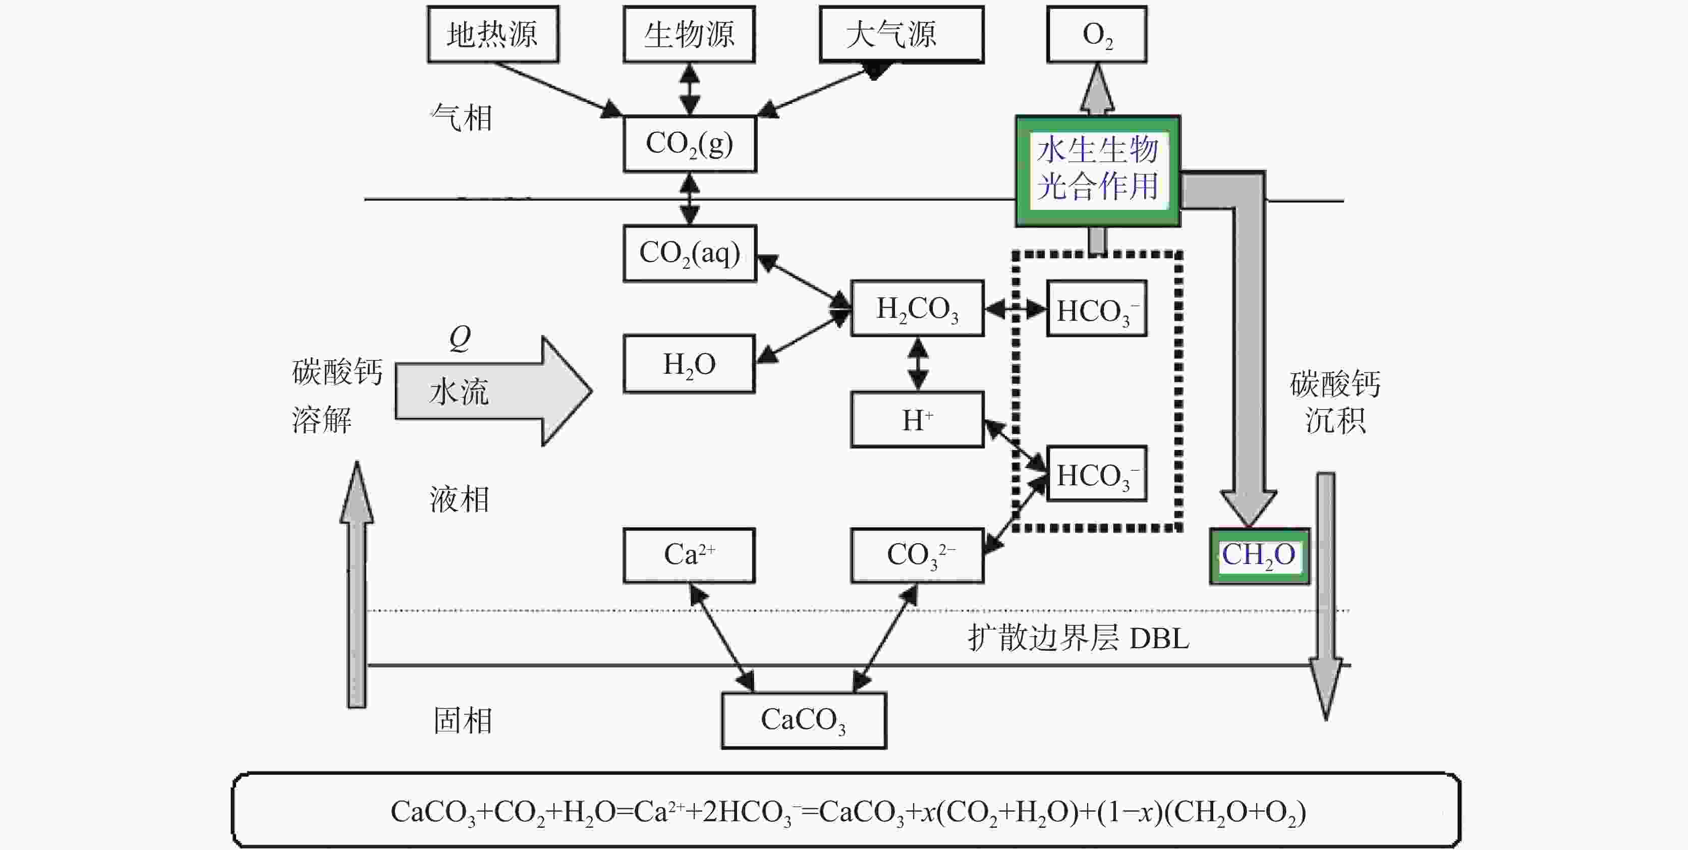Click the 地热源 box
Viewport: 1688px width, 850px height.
tap(493, 34)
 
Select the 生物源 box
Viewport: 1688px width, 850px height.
tap(689, 34)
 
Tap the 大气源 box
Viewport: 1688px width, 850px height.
tap(901, 34)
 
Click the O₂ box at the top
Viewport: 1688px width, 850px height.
tap(1096, 34)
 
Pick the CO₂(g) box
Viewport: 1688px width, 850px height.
tap(689, 144)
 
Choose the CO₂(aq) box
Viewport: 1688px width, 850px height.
tap(689, 253)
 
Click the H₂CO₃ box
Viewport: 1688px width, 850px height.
tap(917, 308)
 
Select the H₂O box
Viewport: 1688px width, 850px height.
tap(689, 364)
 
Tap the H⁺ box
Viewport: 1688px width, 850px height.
tap(917, 419)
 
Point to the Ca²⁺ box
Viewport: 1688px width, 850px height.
tap(689, 555)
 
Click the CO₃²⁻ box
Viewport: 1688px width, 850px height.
tap(917, 555)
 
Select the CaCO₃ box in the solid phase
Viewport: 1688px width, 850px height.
tap(803, 720)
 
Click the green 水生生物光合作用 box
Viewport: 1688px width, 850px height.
tap(1098, 171)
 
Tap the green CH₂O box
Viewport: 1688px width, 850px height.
tap(1259, 556)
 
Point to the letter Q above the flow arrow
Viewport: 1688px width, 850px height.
tap(460, 337)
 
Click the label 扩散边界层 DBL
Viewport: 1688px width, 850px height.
tap(1078, 638)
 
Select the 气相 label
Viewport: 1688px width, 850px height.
tap(461, 118)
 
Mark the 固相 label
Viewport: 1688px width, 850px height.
tap(463, 720)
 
